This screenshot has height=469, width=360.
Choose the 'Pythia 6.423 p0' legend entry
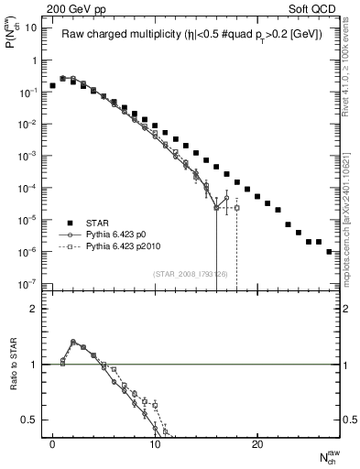pyautogui.click(x=126, y=234)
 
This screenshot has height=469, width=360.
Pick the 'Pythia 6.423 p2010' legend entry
pyautogui.click(x=133, y=246)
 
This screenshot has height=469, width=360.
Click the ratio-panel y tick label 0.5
pyautogui.click(x=33, y=420)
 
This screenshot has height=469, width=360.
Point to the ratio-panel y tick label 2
pyautogui.click(x=37, y=309)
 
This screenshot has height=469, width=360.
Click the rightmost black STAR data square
pyautogui.click(x=329, y=251)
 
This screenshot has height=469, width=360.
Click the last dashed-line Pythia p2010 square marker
pyautogui.click(x=236, y=208)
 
